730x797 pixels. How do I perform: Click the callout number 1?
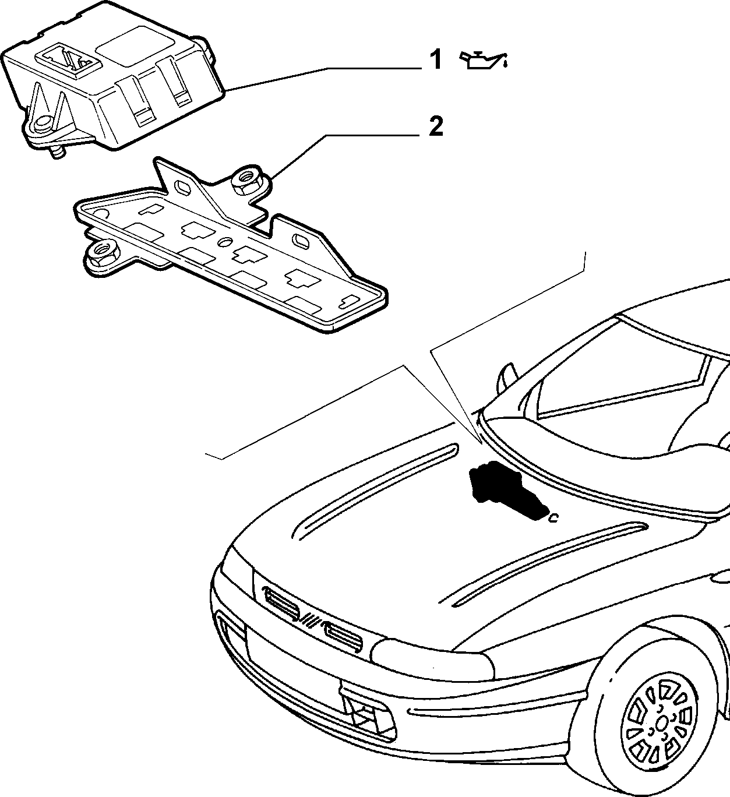(436, 59)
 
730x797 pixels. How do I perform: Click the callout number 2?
(436, 127)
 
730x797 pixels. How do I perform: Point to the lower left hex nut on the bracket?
(102, 253)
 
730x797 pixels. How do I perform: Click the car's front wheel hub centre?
(661, 725)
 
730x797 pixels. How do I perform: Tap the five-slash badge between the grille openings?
(311, 620)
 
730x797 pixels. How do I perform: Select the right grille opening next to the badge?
(343, 639)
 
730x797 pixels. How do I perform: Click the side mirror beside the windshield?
(506, 379)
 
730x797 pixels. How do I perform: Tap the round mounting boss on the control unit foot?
(41, 125)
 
